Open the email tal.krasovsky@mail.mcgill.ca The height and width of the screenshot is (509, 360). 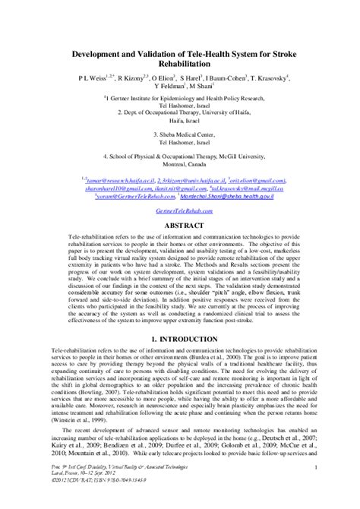pyautogui.click(x=247, y=187)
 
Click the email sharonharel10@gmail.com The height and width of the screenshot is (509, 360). pyautogui.click(x=104, y=187)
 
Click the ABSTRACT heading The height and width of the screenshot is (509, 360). pyautogui.click(x=179, y=226)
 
